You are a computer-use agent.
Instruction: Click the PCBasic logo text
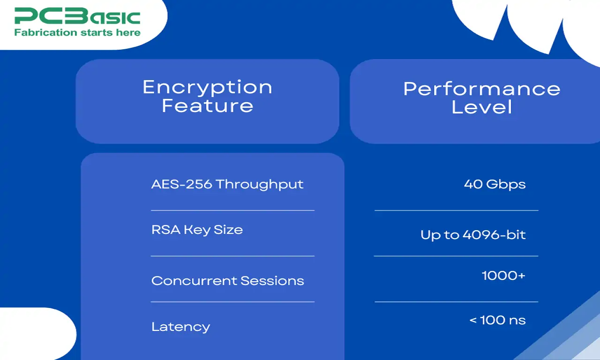click(x=77, y=16)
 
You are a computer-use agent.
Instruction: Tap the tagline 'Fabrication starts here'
click(x=77, y=32)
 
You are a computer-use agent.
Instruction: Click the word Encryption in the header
click(x=207, y=87)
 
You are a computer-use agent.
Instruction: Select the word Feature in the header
click(x=207, y=105)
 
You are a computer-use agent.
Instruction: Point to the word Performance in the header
click(x=481, y=89)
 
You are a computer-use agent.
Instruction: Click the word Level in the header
click(x=481, y=107)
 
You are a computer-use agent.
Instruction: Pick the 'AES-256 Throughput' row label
click(x=227, y=184)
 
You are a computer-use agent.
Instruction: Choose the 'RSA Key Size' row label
click(x=197, y=230)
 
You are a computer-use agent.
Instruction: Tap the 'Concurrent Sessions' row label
click(x=227, y=281)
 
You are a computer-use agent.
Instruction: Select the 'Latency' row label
click(x=180, y=327)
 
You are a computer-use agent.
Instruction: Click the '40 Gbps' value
click(x=495, y=184)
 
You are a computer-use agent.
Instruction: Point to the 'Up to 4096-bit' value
click(x=473, y=235)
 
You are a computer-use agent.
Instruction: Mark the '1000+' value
click(x=503, y=276)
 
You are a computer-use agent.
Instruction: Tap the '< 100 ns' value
click(x=497, y=321)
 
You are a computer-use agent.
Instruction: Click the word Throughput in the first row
click(x=260, y=184)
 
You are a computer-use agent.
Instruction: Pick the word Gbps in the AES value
click(x=506, y=184)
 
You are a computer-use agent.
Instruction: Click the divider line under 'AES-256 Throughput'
click(x=232, y=210)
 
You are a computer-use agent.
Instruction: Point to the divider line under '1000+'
click(x=456, y=302)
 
